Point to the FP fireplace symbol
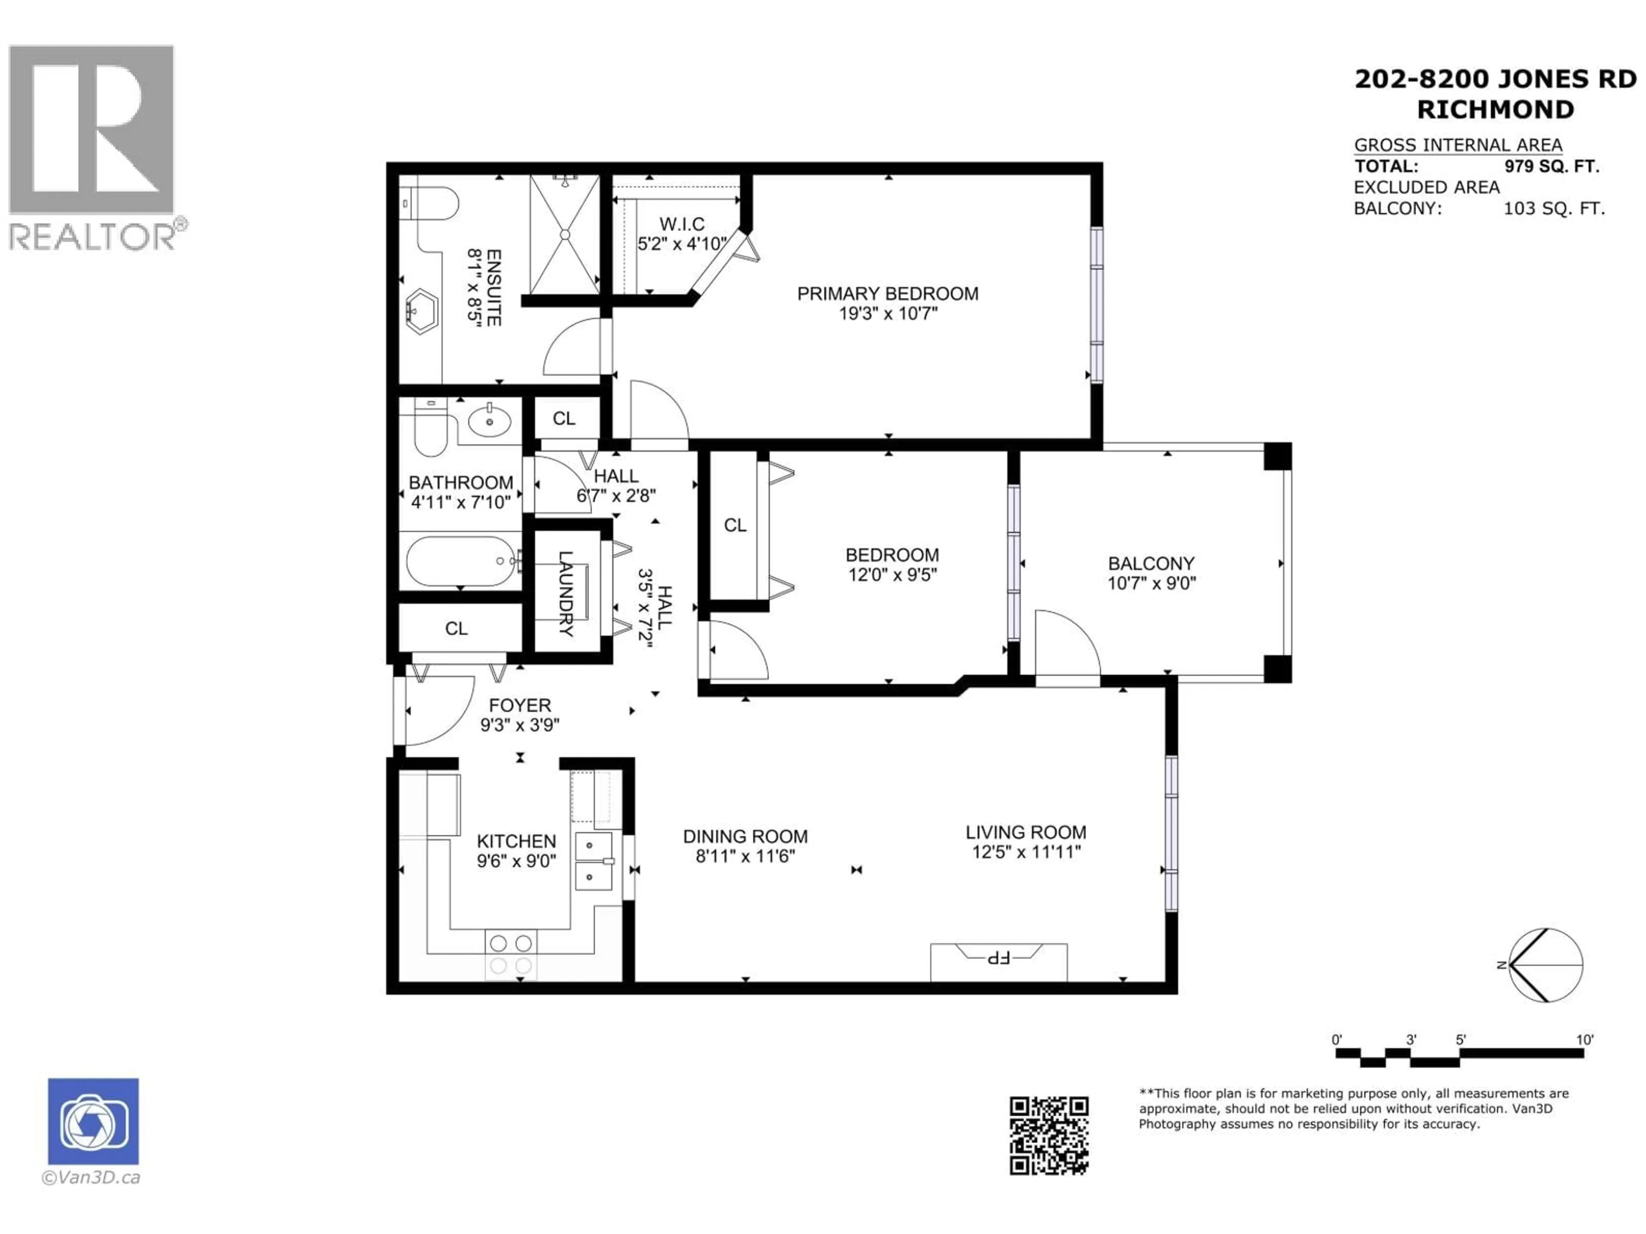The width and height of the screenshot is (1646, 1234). click(x=998, y=957)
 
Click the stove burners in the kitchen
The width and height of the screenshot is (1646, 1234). click(x=511, y=954)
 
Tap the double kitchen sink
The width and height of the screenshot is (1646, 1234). click(x=594, y=861)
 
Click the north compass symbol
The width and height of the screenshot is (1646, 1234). click(x=1546, y=965)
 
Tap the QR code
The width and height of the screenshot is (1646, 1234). click(x=1048, y=1136)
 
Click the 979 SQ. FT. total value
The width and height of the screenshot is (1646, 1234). click(x=1552, y=167)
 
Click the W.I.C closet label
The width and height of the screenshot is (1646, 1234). click(x=682, y=224)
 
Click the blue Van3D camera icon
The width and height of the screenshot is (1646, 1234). click(x=93, y=1121)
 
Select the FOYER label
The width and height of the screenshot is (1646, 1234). click(x=520, y=705)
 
